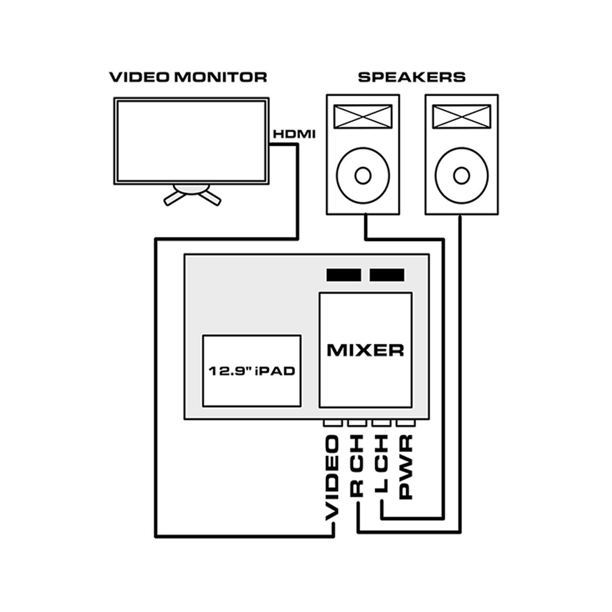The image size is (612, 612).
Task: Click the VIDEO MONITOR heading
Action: point(188,77)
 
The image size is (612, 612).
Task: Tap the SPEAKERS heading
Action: point(411,77)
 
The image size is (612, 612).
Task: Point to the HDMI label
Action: point(294,133)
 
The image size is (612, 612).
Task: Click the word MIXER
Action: point(365,350)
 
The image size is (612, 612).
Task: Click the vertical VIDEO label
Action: point(332,478)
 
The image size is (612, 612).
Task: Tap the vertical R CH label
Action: point(357,465)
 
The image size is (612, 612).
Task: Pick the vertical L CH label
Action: point(381,465)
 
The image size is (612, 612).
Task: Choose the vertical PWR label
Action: point(405,465)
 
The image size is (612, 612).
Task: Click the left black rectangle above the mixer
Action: point(345,275)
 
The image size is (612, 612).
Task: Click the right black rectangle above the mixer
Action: point(387,275)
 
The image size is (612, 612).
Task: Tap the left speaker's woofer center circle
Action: point(362,176)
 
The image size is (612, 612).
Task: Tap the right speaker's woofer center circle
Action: point(461,176)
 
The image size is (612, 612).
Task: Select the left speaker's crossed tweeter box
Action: point(362,116)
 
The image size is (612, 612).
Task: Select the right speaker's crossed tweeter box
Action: point(461,116)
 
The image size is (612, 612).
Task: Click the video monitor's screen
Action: point(191,141)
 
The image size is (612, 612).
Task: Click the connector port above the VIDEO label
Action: point(332,424)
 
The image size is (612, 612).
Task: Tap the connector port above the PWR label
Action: point(405,424)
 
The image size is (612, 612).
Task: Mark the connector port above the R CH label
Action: point(356,424)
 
